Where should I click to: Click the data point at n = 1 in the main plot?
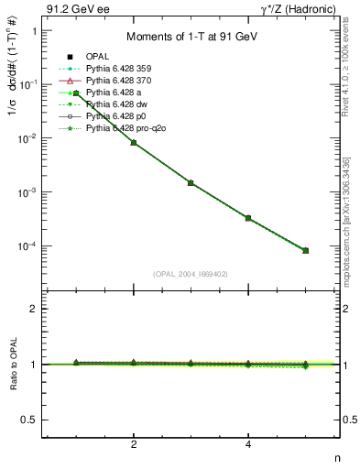pos(76,93)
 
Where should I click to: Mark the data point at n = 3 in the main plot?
pos(191,182)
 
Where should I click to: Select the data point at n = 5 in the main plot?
pos(305,250)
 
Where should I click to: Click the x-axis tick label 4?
pos(248,444)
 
